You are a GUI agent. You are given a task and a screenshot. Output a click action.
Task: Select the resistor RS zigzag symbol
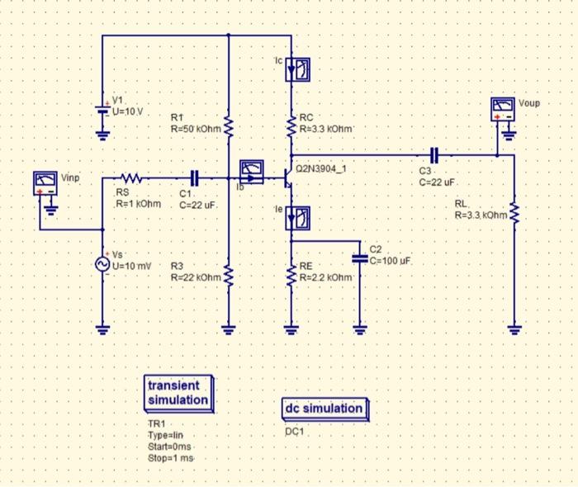pos(132,177)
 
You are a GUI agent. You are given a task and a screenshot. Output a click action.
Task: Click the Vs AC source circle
pos(103,263)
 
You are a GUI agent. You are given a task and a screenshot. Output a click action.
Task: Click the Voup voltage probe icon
pos(502,108)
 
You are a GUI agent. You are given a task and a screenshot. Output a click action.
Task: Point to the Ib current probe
pos(249,171)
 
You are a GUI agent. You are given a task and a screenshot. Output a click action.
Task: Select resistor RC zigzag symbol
pos(291,128)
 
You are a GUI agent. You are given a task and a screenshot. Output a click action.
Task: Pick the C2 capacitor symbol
pos(360,258)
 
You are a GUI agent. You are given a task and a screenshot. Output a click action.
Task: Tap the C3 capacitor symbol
pos(437,154)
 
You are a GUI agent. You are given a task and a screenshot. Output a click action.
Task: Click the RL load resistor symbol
pos(514,214)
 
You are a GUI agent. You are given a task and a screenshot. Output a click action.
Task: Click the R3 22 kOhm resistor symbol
pos(228,275)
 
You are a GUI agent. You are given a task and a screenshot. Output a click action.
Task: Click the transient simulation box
pos(178,393)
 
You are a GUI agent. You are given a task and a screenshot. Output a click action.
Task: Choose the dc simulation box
pos(324,409)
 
